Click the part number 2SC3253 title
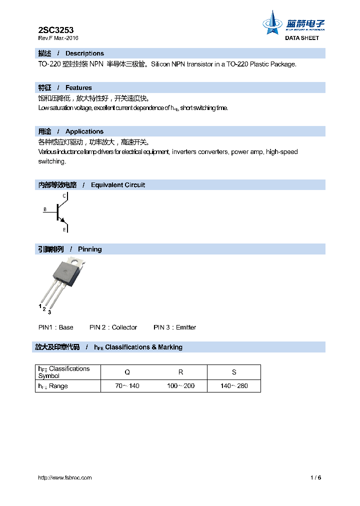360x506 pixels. (56, 30)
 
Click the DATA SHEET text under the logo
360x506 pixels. (301, 38)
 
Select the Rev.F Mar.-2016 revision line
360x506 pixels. (58, 38)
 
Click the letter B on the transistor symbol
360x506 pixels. (44, 209)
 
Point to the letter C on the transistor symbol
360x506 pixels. (64, 196)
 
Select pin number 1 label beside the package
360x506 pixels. (40, 305)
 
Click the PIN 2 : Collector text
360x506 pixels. (113, 327)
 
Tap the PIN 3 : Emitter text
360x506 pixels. (174, 327)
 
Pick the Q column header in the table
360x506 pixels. (127, 372)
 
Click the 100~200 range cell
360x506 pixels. (180, 386)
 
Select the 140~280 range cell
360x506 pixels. (234, 386)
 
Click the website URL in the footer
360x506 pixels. (65, 477)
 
